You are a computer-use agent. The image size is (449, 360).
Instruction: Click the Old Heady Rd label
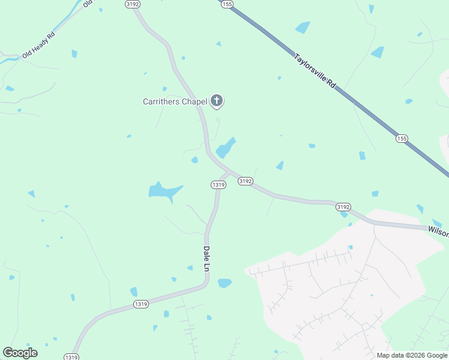tap(38, 45)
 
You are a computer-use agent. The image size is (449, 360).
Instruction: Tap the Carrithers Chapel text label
tap(175, 101)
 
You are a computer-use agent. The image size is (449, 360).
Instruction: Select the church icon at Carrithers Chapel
tap(217, 101)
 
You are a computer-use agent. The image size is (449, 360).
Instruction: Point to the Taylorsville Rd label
tap(315, 72)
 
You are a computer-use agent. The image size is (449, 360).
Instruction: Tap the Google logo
tap(20, 353)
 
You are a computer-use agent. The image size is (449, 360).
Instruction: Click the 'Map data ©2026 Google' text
tap(411, 355)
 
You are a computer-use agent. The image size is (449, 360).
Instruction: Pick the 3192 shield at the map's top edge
tap(133, 4)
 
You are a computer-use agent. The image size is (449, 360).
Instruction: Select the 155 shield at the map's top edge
tap(226, 4)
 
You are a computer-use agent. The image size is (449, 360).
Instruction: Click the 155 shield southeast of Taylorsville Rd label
tap(402, 139)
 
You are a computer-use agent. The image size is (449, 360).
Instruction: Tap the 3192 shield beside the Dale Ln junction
tap(245, 181)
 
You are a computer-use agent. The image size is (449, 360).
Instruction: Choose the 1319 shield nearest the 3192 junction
tap(218, 185)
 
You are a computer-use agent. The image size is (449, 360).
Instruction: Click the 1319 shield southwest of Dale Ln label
tap(140, 304)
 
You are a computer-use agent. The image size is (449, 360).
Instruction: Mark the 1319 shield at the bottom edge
tap(71, 357)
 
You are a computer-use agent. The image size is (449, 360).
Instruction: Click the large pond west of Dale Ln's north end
tap(164, 191)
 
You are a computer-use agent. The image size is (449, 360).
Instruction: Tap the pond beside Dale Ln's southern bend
tap(224, 283)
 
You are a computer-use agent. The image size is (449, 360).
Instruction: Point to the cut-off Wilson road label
tap(438, 231)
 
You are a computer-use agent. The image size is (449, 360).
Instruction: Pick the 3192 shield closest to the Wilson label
tap(343, 206)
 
